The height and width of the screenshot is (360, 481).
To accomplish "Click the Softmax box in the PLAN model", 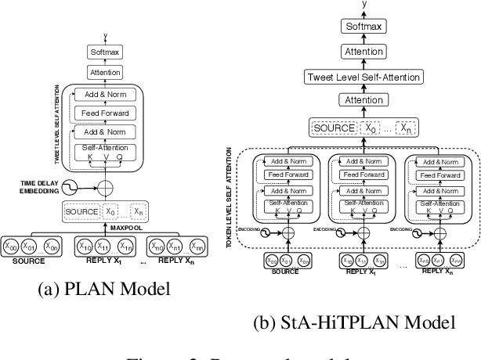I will tap(106, 52).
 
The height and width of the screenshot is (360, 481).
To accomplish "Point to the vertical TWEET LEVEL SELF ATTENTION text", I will tap(56, 122).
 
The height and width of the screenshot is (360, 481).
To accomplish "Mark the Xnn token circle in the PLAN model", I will tap(201, 247).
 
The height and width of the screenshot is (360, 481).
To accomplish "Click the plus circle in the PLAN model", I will tap(106, 188).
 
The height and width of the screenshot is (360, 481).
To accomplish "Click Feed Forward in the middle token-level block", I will tap(360, 174).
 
